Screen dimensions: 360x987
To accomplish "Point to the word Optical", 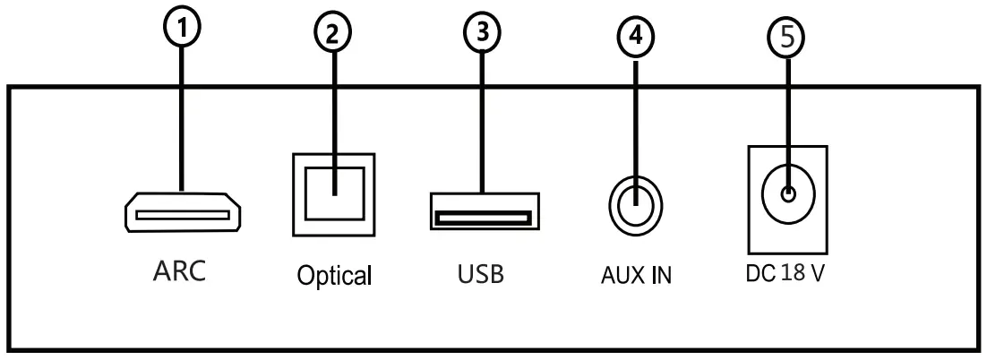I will (335, 276).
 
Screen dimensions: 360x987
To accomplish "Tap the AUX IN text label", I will (636, 275).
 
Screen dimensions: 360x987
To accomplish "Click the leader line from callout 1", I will (183, 116).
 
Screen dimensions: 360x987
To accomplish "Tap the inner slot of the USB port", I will (482, 217).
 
